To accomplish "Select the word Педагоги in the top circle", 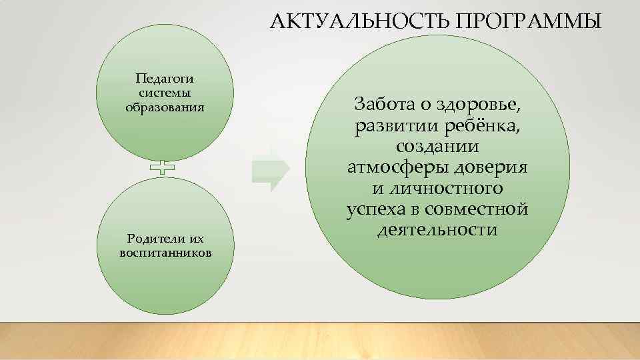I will pos(164,79).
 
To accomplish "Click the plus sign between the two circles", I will pos(162,168).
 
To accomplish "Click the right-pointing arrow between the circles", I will pos(271,167).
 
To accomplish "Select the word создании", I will pos(437,146).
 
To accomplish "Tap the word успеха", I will pos(375,209).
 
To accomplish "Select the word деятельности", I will pos(437,231).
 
